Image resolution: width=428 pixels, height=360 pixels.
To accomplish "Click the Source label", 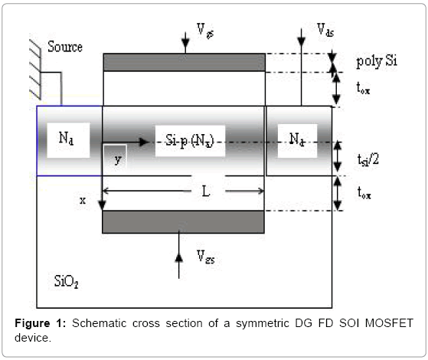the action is click(65, 47).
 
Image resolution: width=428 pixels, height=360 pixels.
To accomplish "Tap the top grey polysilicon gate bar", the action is click(185, 62).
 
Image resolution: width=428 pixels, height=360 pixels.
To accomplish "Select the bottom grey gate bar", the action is click(183, 222).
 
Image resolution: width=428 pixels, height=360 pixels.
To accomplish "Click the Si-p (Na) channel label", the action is click(190, 141).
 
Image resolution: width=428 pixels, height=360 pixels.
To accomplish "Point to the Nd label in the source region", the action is click(66, 138).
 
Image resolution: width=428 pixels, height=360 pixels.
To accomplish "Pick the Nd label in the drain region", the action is click(297, 139).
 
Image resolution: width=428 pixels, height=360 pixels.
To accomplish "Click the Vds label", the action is click(325, 30).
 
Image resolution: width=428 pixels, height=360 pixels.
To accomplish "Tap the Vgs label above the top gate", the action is click(205, 31).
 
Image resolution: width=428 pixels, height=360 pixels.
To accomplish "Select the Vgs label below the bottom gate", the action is click(206, 257).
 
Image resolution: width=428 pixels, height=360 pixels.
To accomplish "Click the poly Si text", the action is click(377, 61).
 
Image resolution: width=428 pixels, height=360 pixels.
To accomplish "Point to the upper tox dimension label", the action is click(363, 88).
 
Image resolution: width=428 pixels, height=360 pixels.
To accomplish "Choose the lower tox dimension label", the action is click(364, 192).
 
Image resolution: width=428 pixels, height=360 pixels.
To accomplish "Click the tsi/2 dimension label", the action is click(368, 160).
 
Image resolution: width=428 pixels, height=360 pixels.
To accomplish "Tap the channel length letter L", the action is click(206, 191).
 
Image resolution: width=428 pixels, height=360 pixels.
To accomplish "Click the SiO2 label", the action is click(67, 281).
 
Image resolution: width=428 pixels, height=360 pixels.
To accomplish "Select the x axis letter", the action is click(83, 201).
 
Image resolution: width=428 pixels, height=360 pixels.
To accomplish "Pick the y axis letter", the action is click(118, 159).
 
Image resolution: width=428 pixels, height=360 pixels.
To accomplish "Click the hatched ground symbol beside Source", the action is click(35, 70).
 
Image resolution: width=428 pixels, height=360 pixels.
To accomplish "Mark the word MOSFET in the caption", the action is click(389, 323).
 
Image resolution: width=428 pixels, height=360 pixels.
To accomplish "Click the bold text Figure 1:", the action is click(41, 323).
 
